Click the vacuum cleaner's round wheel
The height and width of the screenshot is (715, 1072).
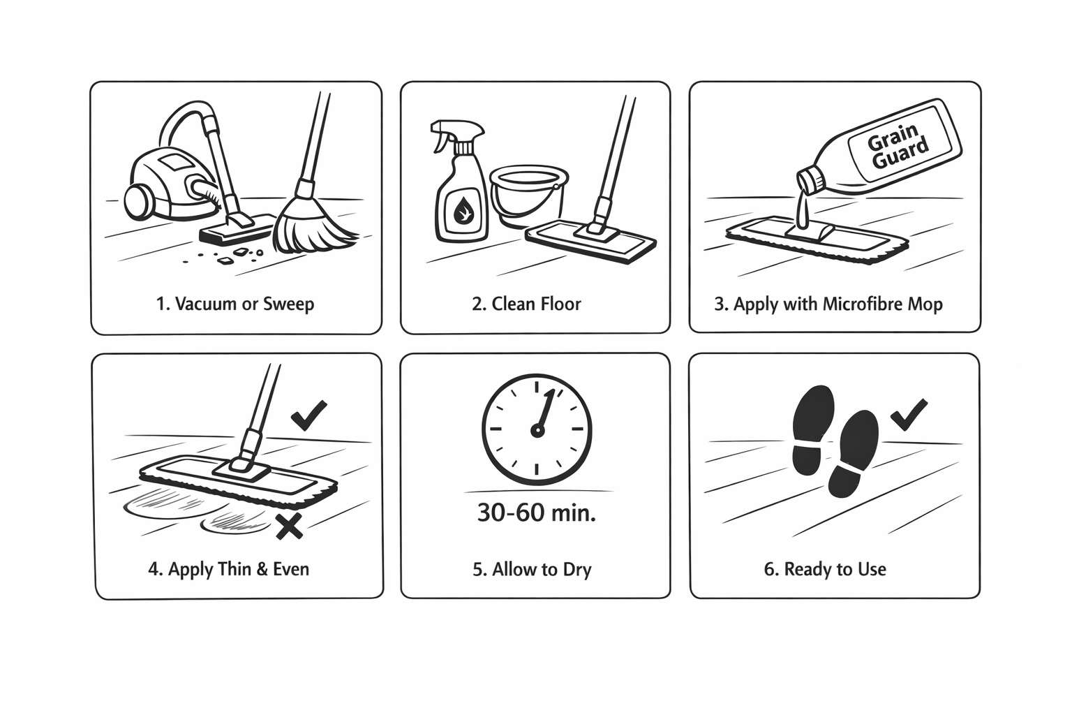tap(140, 200)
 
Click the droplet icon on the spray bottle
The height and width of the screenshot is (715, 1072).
tap(463, 209)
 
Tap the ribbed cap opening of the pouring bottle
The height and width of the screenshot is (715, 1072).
tap(810, 181)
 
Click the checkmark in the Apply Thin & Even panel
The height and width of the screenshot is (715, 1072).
tap(308, 415)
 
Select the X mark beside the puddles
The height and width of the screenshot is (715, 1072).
tap(289, 526)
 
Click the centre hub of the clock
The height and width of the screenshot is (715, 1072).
tap(537, 431)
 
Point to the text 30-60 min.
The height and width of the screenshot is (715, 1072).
tap(537, 513)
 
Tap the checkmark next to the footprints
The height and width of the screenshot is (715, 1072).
tap(909, 414)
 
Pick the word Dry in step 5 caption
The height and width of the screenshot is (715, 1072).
tap(577, 569)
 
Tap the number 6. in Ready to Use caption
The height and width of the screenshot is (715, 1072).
tap(772, 569)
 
